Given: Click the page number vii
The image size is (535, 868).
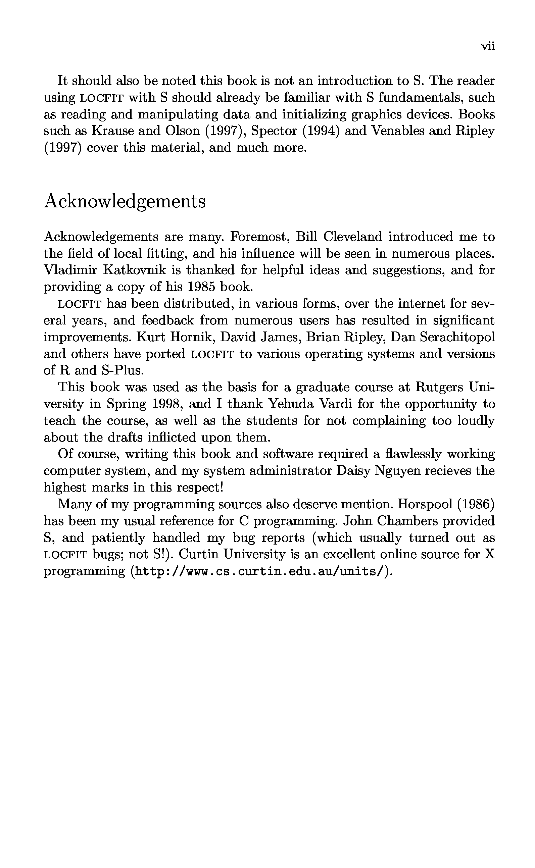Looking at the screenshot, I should click(x=488, y=46).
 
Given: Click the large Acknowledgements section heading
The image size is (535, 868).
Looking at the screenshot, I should click(x=125, y=202).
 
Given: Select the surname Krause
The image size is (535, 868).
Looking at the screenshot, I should click(x=112, y=131).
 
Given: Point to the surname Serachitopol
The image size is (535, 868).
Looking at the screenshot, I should click(x=457, y=337).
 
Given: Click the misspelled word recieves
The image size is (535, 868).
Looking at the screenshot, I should click(x=448, y=471).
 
